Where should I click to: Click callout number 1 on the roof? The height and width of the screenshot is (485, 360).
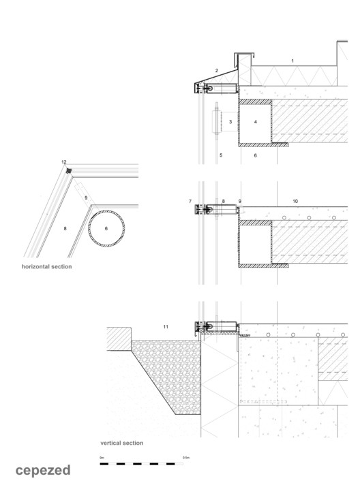coord(293,61)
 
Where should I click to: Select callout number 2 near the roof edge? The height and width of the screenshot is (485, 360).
coord(216,70)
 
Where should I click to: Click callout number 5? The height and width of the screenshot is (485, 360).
coord(222,155)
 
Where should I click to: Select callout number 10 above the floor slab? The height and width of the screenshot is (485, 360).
coord(295,202)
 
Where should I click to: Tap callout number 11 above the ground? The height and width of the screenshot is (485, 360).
coord(165,328)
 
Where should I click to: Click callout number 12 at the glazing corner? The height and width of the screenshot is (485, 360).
coord(63,162)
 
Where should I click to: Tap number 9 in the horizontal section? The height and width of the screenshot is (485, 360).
coord(87,198)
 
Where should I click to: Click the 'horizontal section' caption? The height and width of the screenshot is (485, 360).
coord(46,266)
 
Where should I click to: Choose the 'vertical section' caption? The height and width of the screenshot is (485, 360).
coord(122,443)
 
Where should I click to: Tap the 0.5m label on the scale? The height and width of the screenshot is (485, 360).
coord(185,458)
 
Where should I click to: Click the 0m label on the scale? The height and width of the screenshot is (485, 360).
coord(102,458)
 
